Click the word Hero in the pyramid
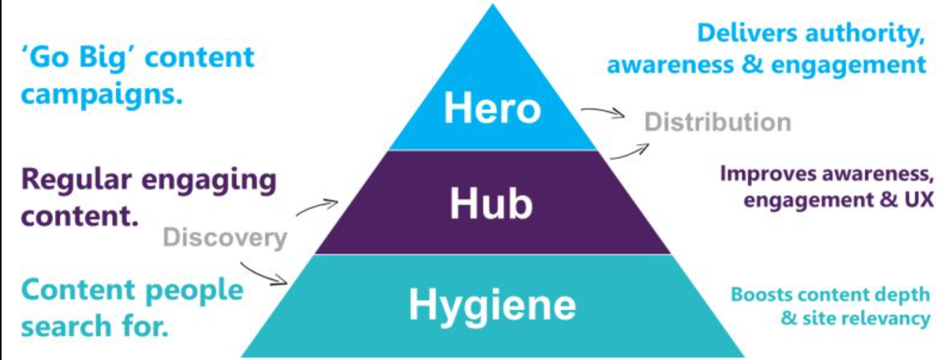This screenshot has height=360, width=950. (x=492, y=107)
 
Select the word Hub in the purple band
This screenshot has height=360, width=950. (x=491, y=204)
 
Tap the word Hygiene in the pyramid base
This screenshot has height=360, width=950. (x=492, y=305)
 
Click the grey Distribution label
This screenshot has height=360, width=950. (x=718, y=122)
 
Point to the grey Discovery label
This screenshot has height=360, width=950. (x=224, y=237)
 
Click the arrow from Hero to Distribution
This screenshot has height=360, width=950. (x=603, y=114)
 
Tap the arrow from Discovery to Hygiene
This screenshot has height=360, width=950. (x=264, y=272)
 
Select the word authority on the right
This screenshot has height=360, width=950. (x=863, y=33)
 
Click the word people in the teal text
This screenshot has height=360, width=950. (x=192, y=289)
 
